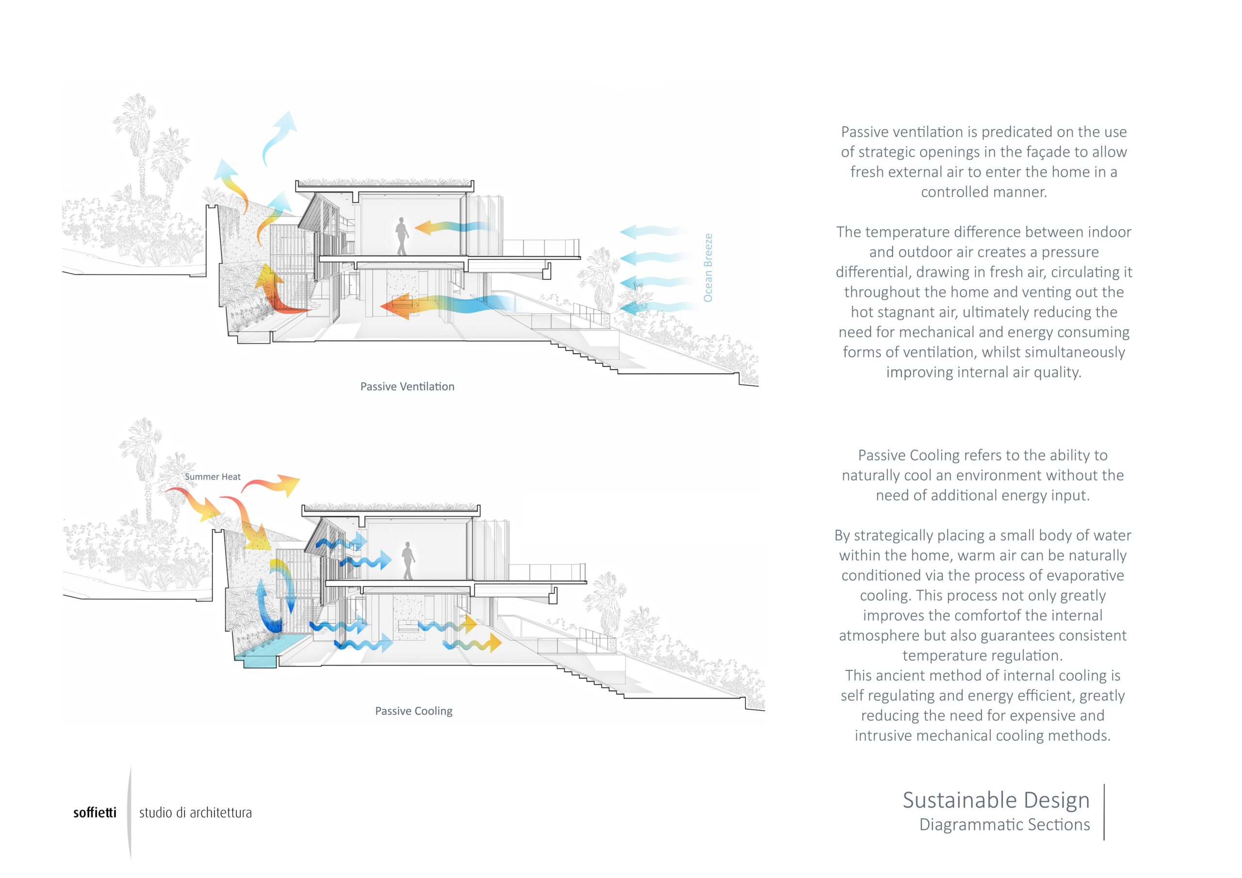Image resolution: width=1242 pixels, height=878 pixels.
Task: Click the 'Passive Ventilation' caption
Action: (x=408, y=386)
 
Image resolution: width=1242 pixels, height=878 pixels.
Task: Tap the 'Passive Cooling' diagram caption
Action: (x=414, y=711)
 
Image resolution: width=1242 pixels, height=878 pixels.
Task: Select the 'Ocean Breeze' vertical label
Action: (x=707, y=268)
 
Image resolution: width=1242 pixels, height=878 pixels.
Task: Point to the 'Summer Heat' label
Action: (x=212, y=477)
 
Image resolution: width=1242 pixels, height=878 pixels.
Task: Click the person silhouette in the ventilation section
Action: (x=401, y=236)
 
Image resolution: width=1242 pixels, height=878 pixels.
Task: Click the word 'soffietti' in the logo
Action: (x=95, y=813)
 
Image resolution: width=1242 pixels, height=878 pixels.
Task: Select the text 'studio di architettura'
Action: (x=196, y=813)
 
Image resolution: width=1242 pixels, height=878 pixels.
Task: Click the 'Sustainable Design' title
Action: (x=996, y=800)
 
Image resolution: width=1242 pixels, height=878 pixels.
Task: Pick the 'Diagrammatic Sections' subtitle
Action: (x=1005, y=825)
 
